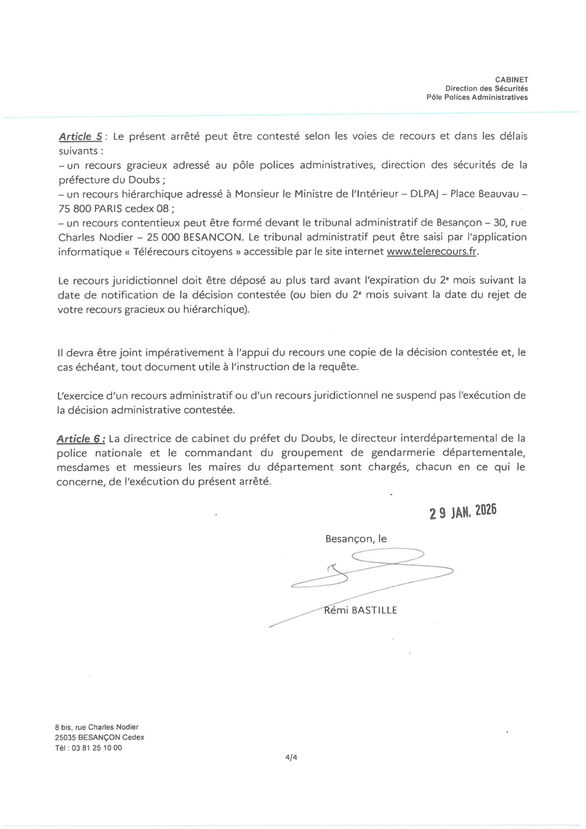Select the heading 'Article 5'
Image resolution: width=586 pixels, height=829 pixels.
(x=80, y=137)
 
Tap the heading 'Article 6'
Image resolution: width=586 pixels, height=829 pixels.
(x=80, y=439)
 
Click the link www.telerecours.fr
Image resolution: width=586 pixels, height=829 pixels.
(x=432, y=252)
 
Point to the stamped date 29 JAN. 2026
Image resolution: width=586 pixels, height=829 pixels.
(x=463, y=512)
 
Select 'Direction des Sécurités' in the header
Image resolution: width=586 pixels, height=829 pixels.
(x=486, y=88)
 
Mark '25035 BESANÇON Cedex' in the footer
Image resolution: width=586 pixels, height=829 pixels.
(x=100, y=737)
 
